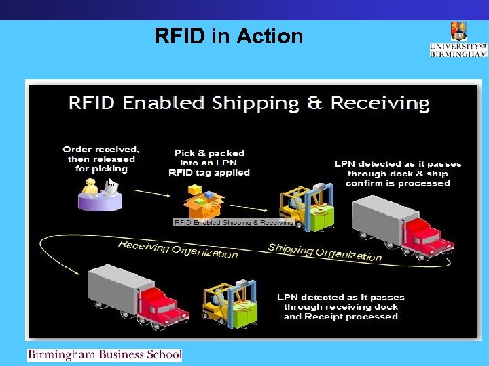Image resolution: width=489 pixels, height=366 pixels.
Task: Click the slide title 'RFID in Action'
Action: click(x=229, y=36)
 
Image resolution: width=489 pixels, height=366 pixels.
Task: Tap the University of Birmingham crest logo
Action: click(x=458, y=31)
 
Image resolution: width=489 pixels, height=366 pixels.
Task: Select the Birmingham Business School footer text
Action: click(x=105, y=354)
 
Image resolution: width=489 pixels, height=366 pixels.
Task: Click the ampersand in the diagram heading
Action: click(x=315, y=103)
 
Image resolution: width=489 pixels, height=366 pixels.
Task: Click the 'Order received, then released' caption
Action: click(x=101, y=159)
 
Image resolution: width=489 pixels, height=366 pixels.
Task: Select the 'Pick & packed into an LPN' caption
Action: click(x=209, y=163)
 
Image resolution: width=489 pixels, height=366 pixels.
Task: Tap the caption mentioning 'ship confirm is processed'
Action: click(x=397, y=174)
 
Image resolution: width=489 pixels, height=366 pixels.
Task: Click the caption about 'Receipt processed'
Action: click(x=340, y=307)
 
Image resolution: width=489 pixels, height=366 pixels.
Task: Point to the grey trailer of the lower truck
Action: click(x=115, y=289)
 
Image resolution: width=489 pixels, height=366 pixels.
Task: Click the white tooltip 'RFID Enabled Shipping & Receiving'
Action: click(x=233, y=222)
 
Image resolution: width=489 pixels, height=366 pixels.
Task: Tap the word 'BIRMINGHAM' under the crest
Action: click(x=458, y=54)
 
